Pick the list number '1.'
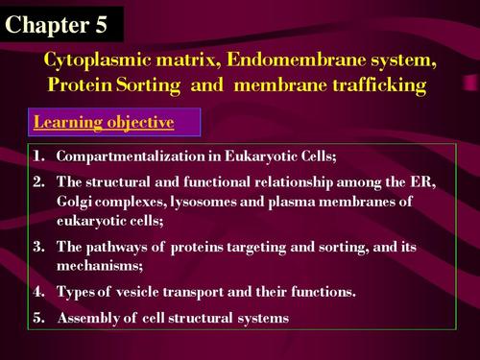40,155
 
